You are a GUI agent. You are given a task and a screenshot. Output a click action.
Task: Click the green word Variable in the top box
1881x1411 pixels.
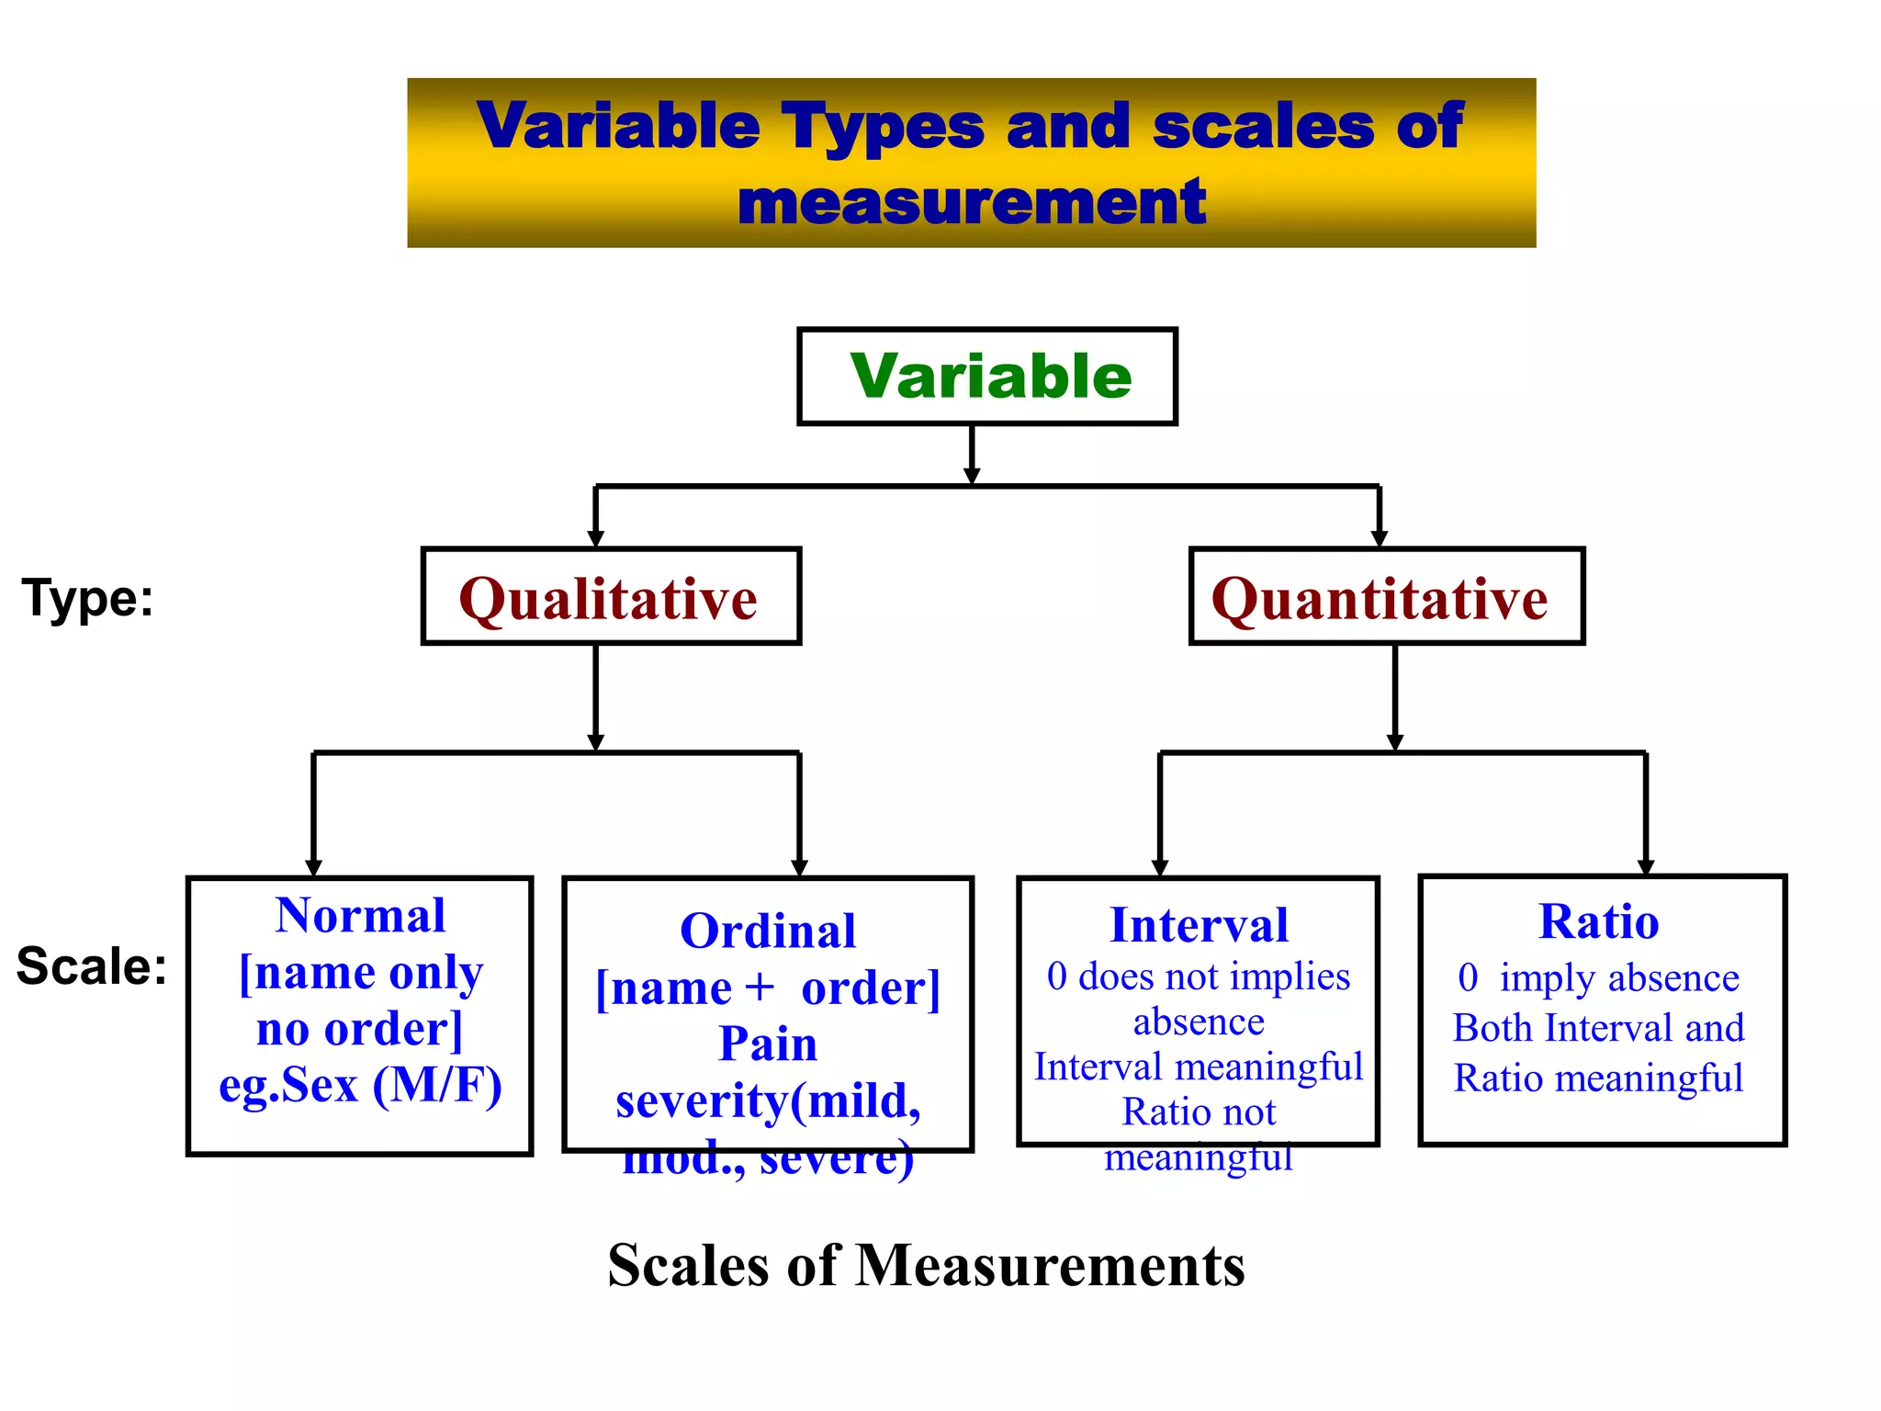(990, 377)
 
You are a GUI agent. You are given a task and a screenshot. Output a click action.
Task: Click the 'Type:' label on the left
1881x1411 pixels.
(87, 599)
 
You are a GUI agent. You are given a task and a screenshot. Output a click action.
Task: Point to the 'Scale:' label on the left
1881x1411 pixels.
(92, 966)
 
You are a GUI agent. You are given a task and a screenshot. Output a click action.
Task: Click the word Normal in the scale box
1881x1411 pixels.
(360, 916)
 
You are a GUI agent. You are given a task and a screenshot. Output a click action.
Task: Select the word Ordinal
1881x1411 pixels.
(768, 931)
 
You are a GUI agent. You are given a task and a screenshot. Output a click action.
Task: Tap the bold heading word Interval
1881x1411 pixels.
(1199, 925)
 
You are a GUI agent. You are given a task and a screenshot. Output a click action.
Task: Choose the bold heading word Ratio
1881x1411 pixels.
(1599, 921)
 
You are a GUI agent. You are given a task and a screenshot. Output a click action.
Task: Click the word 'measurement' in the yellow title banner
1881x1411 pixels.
(972, 203)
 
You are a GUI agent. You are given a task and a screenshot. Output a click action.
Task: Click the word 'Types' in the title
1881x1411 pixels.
(883, 126)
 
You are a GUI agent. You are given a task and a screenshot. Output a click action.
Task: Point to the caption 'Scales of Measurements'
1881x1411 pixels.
(926, 1266)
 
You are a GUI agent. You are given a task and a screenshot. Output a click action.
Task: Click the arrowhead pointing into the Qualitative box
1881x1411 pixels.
(595, 538)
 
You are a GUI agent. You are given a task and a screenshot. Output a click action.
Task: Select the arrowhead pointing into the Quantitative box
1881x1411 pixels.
(1379, 538)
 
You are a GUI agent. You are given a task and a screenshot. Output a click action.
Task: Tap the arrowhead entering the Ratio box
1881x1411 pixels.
(1645, 866)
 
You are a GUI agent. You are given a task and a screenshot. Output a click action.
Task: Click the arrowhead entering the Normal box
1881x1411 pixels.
(313, 867)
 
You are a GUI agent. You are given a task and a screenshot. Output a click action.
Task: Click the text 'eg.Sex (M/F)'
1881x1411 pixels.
(360, 1085)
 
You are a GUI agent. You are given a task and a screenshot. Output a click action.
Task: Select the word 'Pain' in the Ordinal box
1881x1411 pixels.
(768, 1044)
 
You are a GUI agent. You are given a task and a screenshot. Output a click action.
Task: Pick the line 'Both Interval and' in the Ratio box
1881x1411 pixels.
(1598, 1028)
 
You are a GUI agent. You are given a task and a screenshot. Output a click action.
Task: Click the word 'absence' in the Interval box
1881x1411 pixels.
(1199, 1022)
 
